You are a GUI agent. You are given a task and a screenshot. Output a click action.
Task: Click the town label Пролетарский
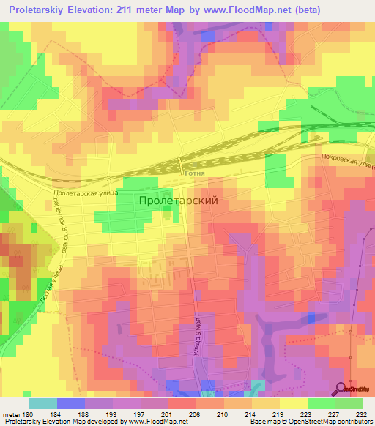coord(178,199)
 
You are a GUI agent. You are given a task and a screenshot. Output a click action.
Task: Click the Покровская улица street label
coord(347,162)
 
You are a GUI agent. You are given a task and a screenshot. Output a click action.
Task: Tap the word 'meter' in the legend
coord(11,413)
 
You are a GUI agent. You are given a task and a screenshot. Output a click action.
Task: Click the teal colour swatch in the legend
coord(42,403)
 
